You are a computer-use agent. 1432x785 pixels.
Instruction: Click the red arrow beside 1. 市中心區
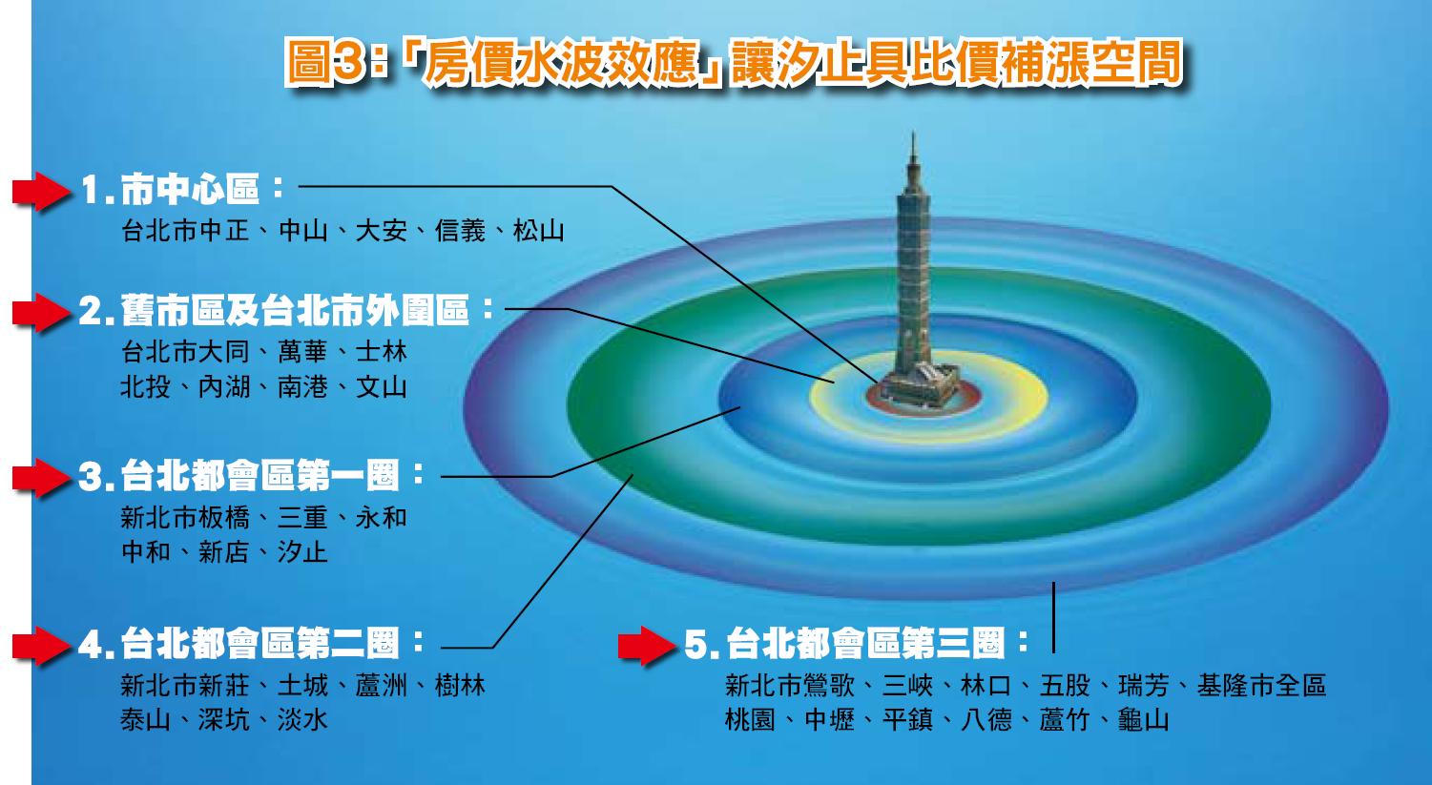(x=42, y=191)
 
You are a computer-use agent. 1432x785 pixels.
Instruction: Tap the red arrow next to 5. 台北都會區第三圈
(x=647, y=645)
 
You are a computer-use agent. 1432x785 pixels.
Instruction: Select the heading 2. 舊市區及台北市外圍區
(x=286, y=310)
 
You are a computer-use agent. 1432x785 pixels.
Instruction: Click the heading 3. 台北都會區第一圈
(x=251, y=476)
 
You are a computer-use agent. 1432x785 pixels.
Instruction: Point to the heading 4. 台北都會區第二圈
(x=251, y=643)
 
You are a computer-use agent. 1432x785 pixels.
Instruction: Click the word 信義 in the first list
(x=460, y=231)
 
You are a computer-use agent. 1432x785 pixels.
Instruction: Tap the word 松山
(x=538, y=231)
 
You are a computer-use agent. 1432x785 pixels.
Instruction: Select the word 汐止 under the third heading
(x=302, y=552)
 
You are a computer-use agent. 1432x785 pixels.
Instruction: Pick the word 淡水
(x=302, y=720)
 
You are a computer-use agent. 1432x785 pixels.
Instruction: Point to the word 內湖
(x=224, y=386)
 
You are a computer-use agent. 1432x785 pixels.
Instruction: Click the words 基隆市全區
(x=1261, y=686)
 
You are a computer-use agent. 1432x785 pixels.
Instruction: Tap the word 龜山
(x=1144, y=720)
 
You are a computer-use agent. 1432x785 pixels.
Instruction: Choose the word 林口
(x=986, y=686)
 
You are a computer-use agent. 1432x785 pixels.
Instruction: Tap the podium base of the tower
(x=920, y=386)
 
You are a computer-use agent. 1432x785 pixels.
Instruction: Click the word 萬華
(x=302, y=352)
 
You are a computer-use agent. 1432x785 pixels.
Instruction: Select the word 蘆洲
(x=381, y=686)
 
